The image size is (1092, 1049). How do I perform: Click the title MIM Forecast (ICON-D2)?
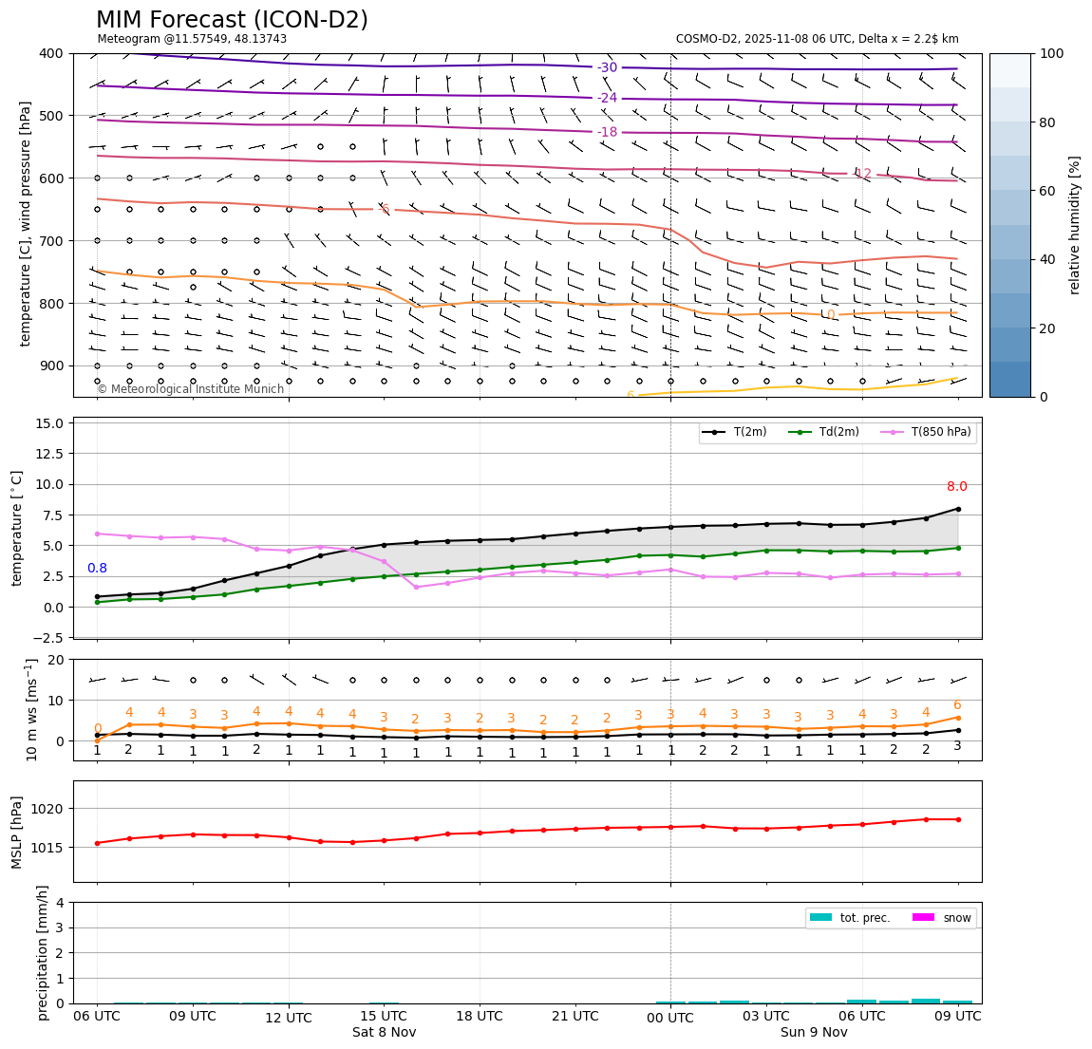[x=232, y=20]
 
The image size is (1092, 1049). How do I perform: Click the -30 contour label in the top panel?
[x=607, y=67]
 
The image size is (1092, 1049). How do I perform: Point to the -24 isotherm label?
[x=607, y=98]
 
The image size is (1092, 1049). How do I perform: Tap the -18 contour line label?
[x=607, y=132]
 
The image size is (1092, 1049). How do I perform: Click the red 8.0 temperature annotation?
[x=956, y=487]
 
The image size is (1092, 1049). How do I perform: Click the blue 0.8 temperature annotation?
[x=97, y=569]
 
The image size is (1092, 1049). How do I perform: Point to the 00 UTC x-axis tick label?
[x=670, y=1017]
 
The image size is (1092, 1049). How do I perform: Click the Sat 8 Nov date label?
[x=384, y=1032]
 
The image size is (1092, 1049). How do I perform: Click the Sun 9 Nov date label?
[x=814, y=1032]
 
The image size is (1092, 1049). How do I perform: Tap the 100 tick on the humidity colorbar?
[x=1053, y=53]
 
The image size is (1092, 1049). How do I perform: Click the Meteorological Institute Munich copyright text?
[x=190, y=389]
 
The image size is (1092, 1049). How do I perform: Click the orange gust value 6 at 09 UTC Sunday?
[x=956, y=705]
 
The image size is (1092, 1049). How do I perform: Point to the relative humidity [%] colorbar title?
[x=1075, y=225]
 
